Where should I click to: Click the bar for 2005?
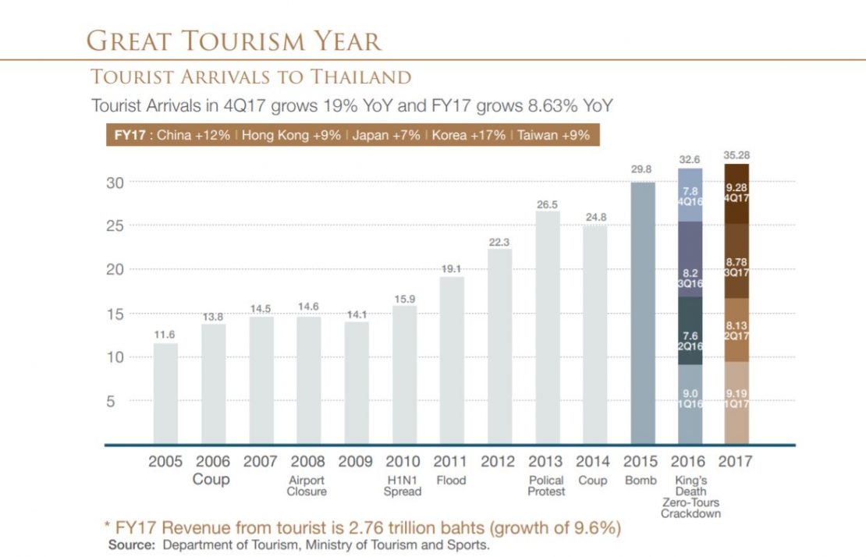coord(165,393)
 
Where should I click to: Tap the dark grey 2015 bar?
coord(642,313)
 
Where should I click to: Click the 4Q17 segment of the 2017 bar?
coord(737,193)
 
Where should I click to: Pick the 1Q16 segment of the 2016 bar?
coord(690,404)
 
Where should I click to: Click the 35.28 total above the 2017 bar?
coord(737,156)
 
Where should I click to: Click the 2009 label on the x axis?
coord(355,461)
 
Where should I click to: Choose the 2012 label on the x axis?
coord(499,461)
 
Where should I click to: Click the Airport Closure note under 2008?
coord(307,486)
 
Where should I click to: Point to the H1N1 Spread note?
coord(403,486)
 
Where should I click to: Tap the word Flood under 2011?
coord(451,481)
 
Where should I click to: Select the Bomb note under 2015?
coord(641,481)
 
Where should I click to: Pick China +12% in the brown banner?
coord(193,135)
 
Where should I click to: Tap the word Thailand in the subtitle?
coord(362,76)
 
